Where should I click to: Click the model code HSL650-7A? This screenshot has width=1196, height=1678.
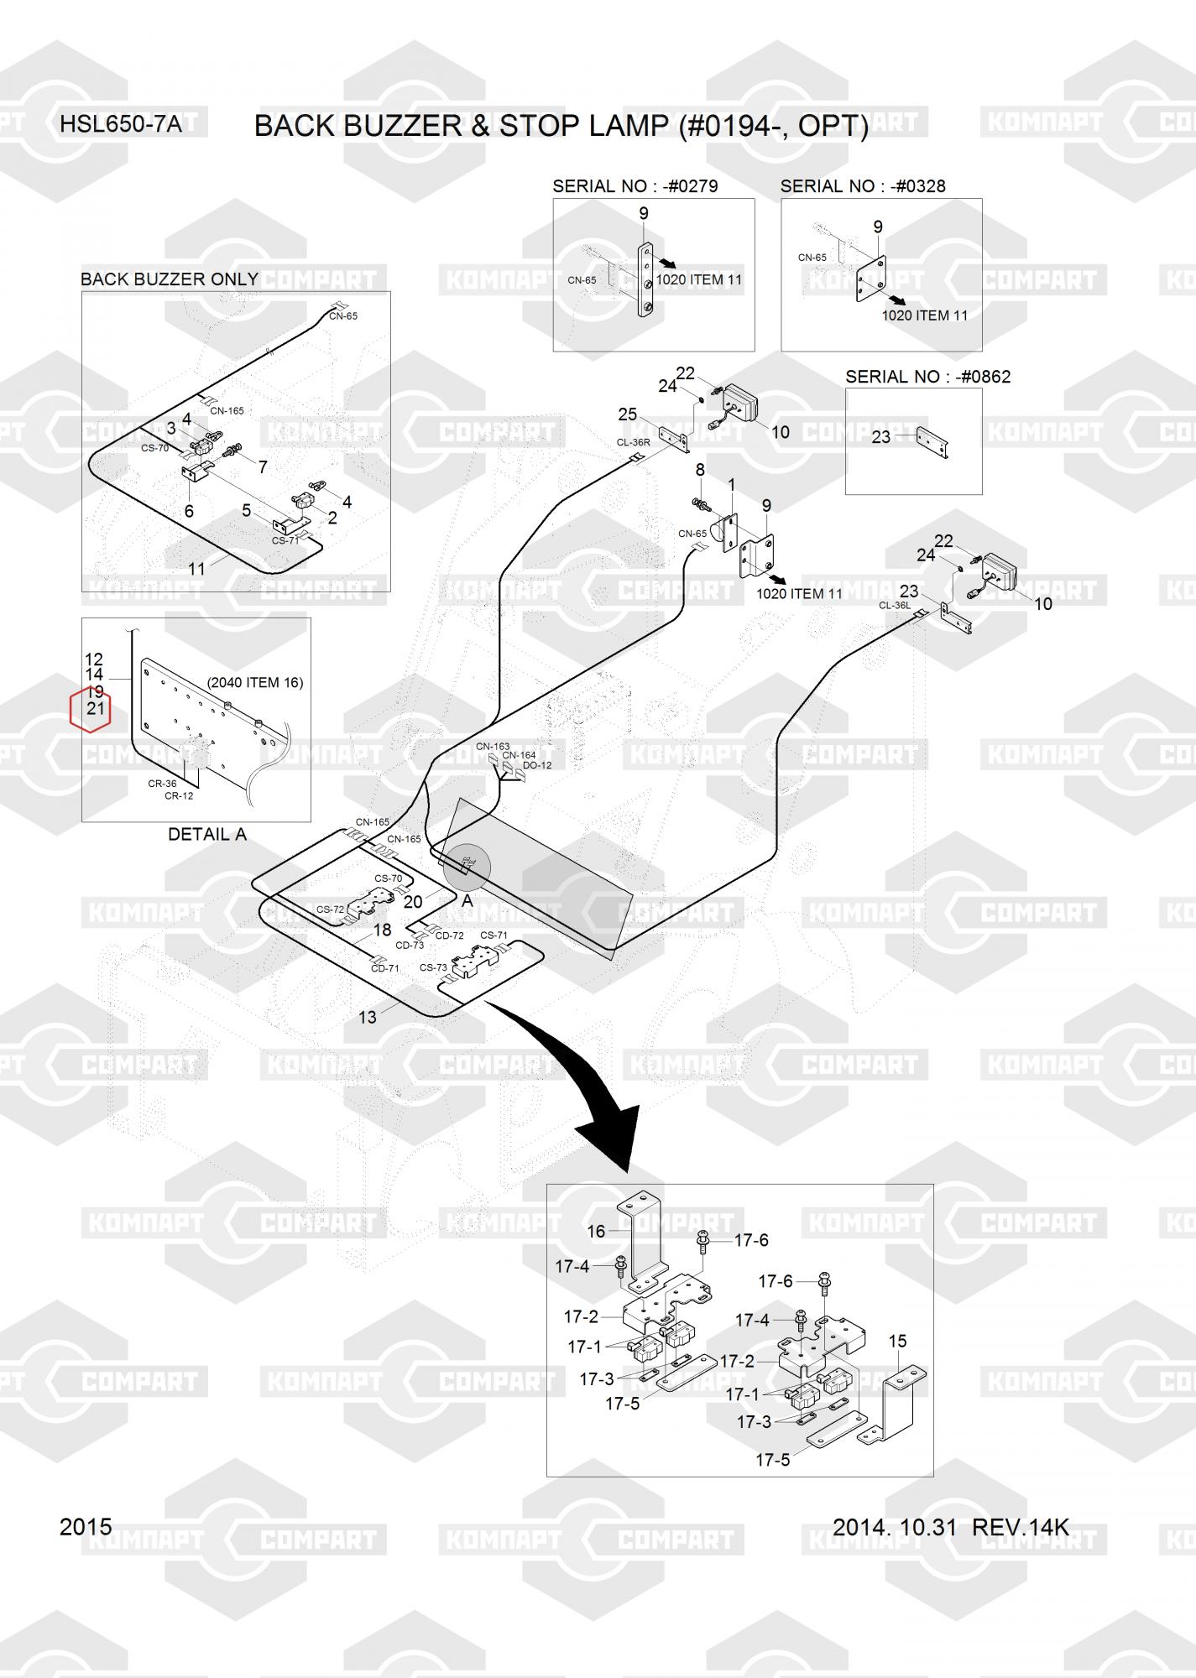[121, 125]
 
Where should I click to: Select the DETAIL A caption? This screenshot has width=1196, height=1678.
[207, 835]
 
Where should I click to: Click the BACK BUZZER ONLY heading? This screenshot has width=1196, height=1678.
[170, 279]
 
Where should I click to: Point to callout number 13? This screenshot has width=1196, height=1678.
[368, 1018]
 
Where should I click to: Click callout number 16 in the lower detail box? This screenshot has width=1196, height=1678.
[596, 1232]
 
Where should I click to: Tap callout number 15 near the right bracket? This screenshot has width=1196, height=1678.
[897, 1342]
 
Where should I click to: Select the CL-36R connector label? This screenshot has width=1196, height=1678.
[634, 442]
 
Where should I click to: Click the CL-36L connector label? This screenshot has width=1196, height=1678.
[895, 605]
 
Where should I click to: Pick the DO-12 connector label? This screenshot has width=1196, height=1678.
[537, 765]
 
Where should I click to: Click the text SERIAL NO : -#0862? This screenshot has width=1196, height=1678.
[928, 377]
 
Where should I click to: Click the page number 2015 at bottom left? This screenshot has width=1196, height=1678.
[86, 1527]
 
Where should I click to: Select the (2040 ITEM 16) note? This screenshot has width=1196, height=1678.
[255, 683]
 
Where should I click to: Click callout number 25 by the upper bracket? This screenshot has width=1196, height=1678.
[628, 414]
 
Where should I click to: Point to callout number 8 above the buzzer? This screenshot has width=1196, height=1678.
[700, 470]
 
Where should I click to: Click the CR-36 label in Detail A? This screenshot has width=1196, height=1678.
[162, 784]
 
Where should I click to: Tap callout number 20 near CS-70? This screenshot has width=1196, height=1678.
[413, 903]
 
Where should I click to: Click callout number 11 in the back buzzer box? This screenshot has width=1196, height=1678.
[196, 569]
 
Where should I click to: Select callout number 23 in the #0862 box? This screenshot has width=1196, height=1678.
[881, 437]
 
